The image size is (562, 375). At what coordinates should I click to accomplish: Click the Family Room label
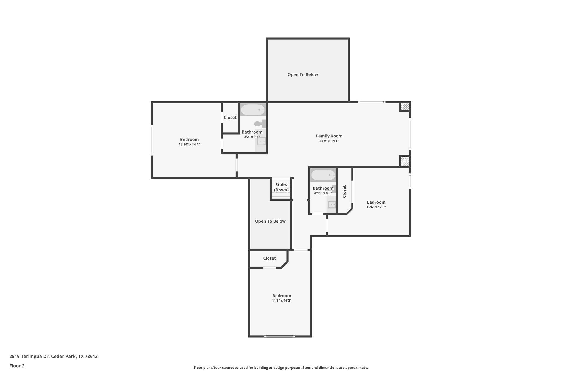click(x=329, y=136)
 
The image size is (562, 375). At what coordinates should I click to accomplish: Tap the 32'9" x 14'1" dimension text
click(x=329, y=141)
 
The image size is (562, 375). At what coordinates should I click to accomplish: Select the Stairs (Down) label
click(x=281, y=187)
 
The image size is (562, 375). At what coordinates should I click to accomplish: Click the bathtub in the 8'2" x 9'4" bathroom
click(x=253, y=110)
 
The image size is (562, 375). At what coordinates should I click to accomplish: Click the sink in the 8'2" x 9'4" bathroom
click(x=261, y=141)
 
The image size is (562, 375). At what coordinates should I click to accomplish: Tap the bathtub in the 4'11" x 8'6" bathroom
click(x=323, y=175)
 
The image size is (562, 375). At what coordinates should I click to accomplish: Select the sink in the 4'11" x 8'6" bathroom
click(x=332, y=204)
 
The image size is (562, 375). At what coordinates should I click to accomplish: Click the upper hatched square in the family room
click(x=405, y=106)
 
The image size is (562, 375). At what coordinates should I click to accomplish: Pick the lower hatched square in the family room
click(x=405, y=161)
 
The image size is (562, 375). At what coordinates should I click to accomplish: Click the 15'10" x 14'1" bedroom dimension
click(x=189, y=145)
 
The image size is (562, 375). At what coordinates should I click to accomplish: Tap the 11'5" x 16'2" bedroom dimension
click(x=282, y=301)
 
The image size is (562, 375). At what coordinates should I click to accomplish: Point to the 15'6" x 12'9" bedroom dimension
click(x=376, y=207)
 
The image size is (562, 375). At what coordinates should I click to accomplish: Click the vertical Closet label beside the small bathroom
click(x=345, y=191)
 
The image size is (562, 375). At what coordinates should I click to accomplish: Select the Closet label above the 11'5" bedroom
click(x=269, y=258)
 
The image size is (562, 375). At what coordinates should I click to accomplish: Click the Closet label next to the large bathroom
click(x=230, y=118)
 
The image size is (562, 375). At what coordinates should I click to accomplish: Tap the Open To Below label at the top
click(x=303, y=74)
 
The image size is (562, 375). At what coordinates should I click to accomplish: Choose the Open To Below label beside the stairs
click(x=270, y=221)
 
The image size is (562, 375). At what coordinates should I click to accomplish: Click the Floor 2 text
click(x=17, y=366)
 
